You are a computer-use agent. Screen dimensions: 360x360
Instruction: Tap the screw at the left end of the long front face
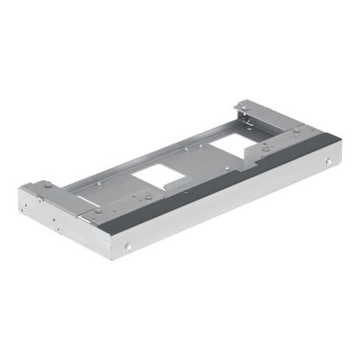click(x=128, y=248)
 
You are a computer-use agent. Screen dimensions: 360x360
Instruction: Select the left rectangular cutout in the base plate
click(x=160, y=180)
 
